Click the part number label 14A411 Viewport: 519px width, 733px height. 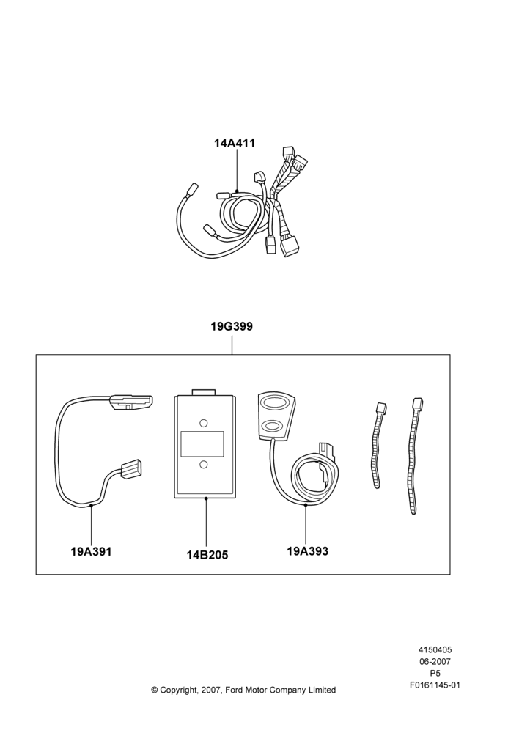235,143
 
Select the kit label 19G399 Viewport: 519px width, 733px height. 232,326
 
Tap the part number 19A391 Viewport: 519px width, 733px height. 91,552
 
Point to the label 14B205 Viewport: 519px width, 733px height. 207,555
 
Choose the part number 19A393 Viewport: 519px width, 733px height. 308,551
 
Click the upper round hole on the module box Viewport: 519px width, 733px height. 203,424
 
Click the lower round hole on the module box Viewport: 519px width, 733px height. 203,464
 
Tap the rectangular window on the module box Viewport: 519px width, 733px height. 202,444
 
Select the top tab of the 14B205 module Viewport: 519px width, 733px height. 203,392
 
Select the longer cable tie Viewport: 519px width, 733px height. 413,456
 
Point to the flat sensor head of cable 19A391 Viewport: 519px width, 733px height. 131,402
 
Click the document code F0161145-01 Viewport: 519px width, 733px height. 435,685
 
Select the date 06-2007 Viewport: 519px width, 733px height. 435,661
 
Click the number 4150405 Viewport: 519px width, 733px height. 435,649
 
